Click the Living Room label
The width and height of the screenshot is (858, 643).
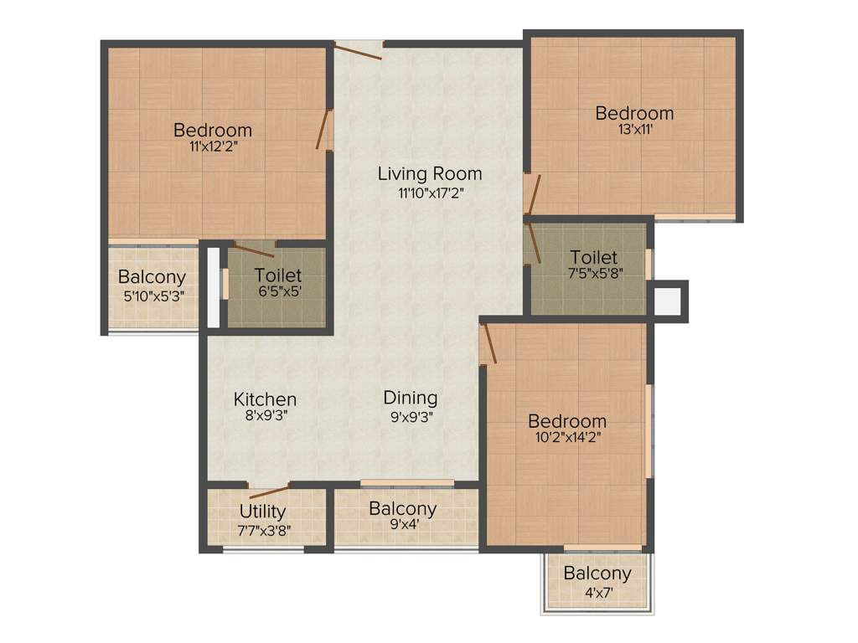429,174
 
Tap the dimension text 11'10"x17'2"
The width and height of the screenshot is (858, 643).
429,193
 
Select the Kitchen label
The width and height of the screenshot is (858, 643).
265,399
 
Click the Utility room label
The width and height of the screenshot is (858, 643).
263,511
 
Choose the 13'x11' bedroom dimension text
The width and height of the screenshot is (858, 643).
633,130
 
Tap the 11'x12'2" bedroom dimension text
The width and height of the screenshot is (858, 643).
212,147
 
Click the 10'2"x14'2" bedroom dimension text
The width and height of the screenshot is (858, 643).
566,436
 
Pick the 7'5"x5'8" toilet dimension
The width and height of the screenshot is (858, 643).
593,273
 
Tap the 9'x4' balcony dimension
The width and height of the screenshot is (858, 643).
402,525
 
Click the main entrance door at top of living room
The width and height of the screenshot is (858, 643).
359,49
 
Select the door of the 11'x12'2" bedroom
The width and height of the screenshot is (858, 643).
323,131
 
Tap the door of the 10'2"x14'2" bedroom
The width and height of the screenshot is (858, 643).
488,343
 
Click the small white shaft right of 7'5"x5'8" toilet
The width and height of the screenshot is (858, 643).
669,301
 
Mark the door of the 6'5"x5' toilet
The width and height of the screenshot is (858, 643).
253,249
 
